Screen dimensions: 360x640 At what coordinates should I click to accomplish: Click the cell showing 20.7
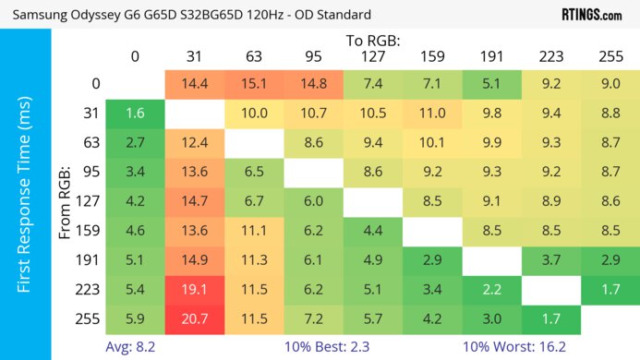tap(195, 320)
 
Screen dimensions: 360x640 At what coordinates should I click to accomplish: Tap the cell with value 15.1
tap(254, 85)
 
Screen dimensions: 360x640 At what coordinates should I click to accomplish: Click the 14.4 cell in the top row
tap(195, 85)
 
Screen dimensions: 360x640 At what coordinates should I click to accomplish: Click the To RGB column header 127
tap(373, 57)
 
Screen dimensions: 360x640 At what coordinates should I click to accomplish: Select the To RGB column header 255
tap(610, 57)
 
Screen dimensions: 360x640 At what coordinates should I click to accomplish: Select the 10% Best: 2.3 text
tap(324, 349)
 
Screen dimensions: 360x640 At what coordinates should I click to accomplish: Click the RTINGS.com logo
tap(592, 14)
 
